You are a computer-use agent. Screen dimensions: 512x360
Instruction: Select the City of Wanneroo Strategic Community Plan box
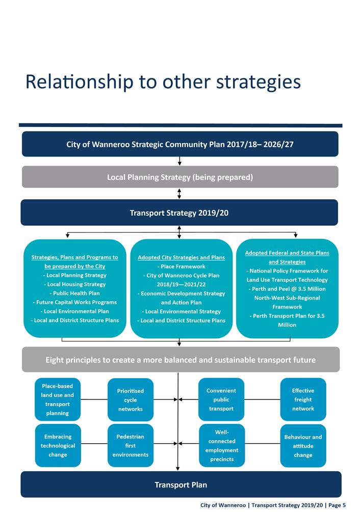[x=180, y=144]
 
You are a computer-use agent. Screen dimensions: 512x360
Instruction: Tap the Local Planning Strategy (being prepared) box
[x=180, y=177]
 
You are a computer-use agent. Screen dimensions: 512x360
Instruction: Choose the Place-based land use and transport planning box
[x=58, y=399]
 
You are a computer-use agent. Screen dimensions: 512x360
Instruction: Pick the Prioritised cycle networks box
[x=131, y=400]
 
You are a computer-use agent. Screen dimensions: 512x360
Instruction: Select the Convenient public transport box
[x=221, y=399]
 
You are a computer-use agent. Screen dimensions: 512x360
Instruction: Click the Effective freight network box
[x=303, y=399]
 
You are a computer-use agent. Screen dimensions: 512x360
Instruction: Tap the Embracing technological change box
[x=58, y=445]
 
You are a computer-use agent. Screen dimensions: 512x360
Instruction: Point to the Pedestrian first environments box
[x=131, y=445]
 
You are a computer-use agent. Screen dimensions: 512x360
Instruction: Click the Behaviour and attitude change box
[x=303, y=445]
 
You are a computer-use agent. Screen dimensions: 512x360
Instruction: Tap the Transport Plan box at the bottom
[x=181, y=484]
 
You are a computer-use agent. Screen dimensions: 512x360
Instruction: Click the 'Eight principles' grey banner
[x=181, y=360]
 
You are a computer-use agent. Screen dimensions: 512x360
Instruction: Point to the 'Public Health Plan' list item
[x=74, y=293]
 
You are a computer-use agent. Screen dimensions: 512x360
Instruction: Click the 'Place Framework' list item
[x=182, y=266]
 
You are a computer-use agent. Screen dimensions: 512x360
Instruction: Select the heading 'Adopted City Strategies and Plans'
[x=182, y=257]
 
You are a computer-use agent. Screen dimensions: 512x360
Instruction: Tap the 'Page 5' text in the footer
[x=337, y=505]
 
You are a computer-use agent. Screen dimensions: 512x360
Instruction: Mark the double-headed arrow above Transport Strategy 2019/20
[x=179, y=194]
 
